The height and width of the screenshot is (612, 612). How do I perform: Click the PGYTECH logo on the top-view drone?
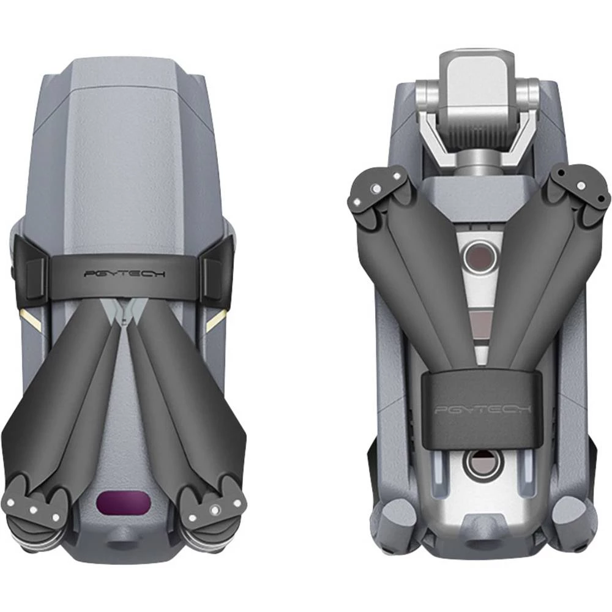click(x=124, y=274)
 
